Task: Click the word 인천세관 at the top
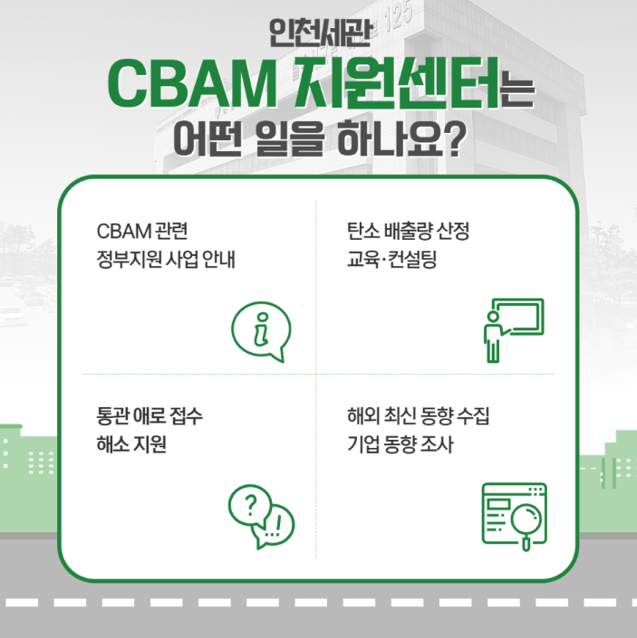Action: tap(319, 33)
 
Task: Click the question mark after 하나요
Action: tap(454, 139)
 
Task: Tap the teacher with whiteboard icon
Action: tap(514, 330)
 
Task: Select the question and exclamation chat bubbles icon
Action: tap(261, 517)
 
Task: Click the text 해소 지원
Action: tap(131, 444)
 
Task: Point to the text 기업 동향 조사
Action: tap(400, 444)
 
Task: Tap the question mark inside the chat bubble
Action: tap(251, 505)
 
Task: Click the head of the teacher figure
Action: tap(493, 317)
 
